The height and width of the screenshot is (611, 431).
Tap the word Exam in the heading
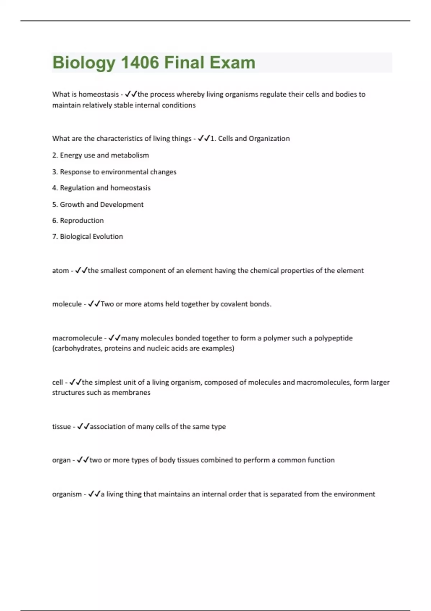coord(232,63)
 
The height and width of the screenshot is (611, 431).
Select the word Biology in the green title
coord(84,63)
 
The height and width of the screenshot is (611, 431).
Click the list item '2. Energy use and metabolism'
coord(101,155)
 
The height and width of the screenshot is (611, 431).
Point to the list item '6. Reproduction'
coord(78,221)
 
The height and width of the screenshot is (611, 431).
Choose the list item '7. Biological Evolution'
coord(88,236)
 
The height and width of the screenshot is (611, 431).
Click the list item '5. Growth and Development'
coord(98,205)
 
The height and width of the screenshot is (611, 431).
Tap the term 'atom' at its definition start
coord(60,271)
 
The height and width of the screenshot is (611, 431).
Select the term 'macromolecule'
coord(77,338)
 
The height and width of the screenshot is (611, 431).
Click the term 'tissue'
coord(61,427)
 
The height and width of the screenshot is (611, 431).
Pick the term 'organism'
coord(67,494)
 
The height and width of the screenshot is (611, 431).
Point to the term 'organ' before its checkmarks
coord(61,460)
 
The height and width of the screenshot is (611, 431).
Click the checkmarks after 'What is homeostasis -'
coord(131,94)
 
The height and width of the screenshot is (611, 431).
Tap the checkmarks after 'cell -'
coord(75,382)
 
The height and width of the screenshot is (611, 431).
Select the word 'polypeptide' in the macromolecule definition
coord(333,338)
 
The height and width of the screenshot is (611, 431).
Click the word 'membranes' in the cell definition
coord(131,392)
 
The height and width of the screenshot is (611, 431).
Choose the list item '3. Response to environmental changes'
coord(114,172)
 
